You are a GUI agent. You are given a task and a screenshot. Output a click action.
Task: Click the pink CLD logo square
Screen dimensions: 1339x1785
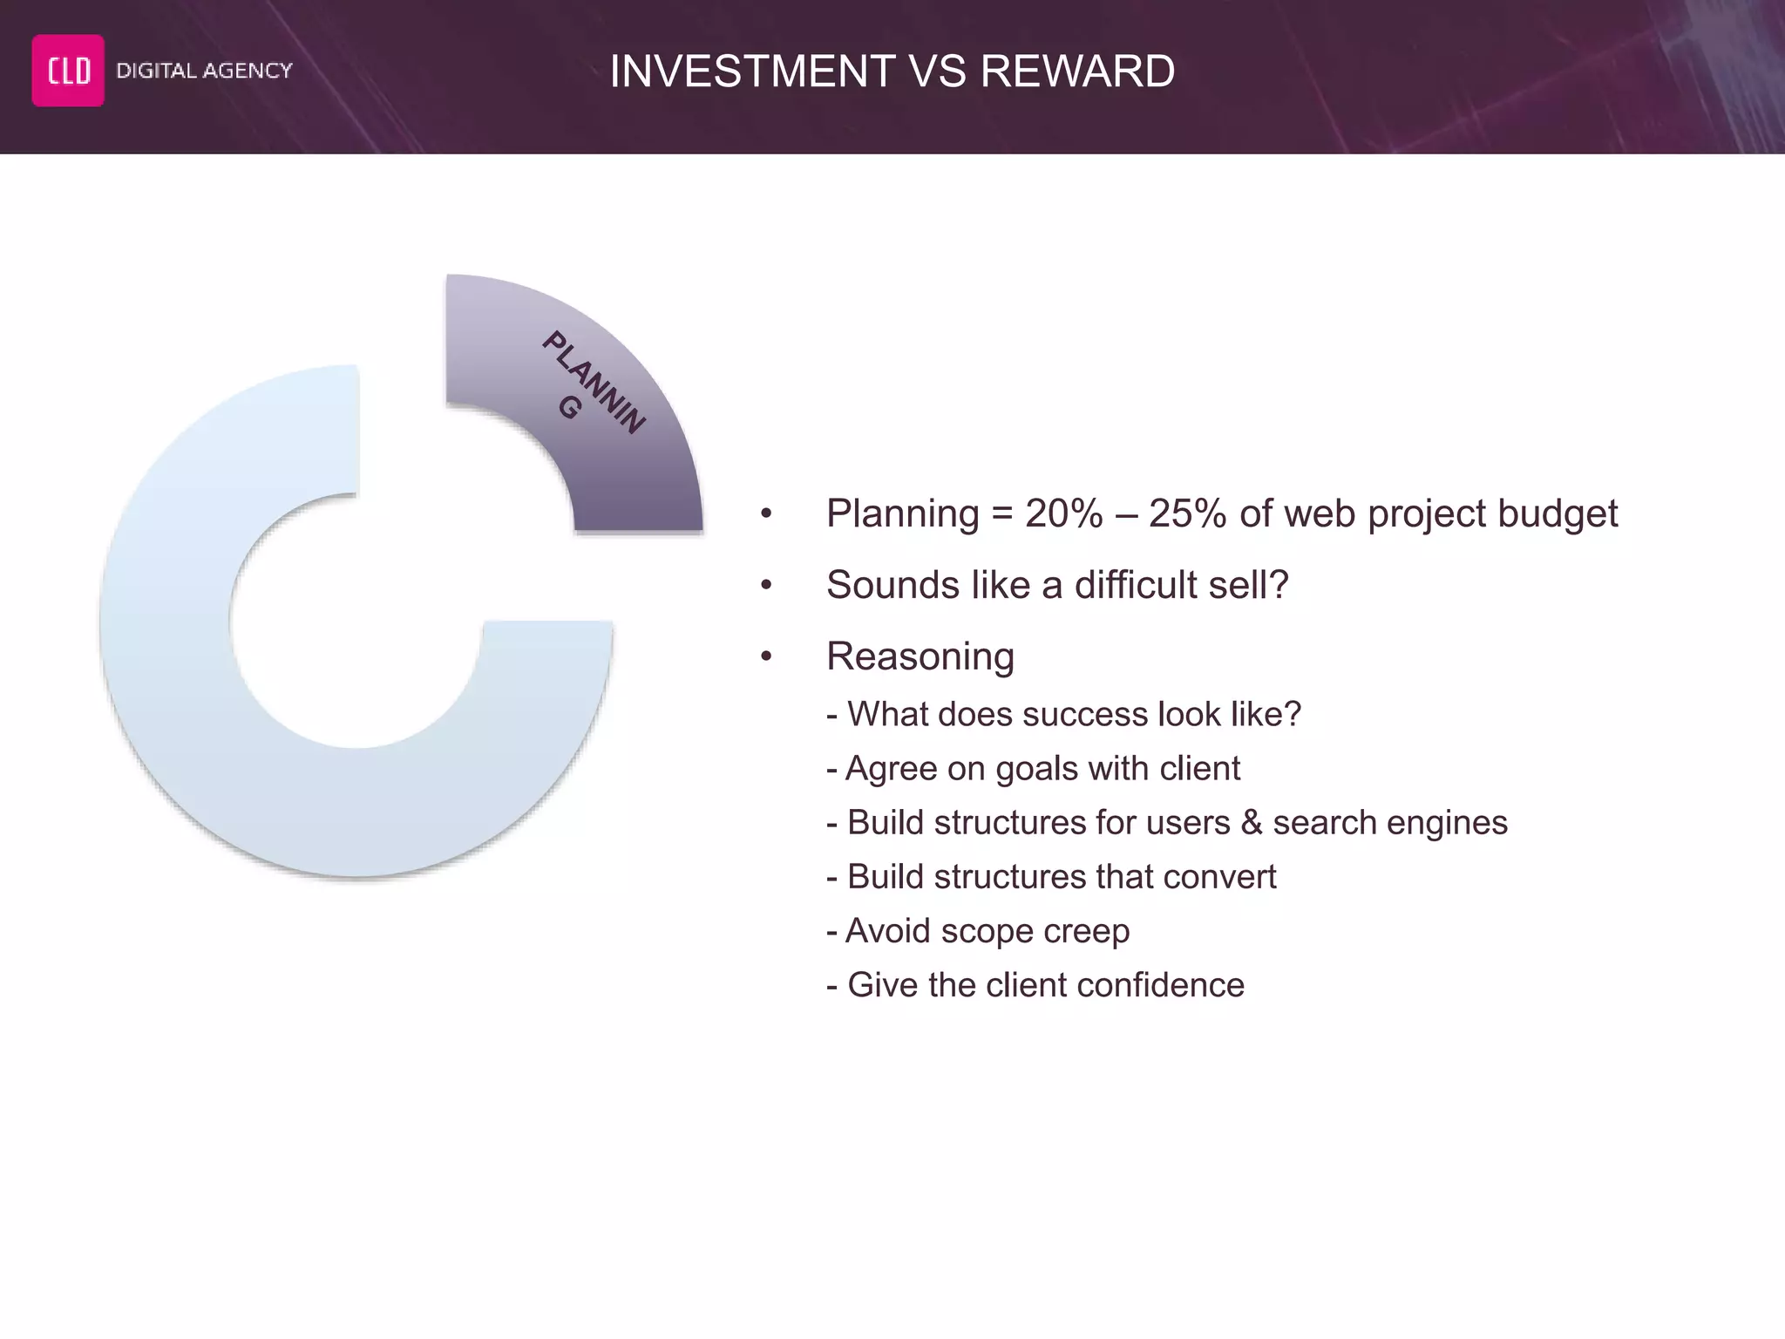pos(68,71)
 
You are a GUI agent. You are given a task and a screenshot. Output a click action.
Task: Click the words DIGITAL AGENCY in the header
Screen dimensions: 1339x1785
pos(204,71)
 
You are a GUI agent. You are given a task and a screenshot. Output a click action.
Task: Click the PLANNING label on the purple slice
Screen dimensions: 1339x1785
pos(593,382)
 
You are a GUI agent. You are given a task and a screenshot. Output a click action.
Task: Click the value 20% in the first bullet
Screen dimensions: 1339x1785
pos(1063,513)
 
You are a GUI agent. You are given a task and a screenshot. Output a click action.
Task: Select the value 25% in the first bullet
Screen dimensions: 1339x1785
pos(1187,513)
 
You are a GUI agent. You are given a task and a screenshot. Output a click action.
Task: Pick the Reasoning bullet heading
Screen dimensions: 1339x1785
pos(920,656)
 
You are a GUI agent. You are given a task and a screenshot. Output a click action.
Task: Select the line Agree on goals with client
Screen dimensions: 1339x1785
pos(1033,769)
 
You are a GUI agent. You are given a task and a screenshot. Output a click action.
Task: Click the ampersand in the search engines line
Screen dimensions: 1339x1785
pos(1252,823)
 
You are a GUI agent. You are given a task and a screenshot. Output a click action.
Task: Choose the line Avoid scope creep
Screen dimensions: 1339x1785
pos(978,931)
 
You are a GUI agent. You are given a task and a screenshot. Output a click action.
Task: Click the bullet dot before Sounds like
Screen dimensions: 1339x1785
pos(766,585)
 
